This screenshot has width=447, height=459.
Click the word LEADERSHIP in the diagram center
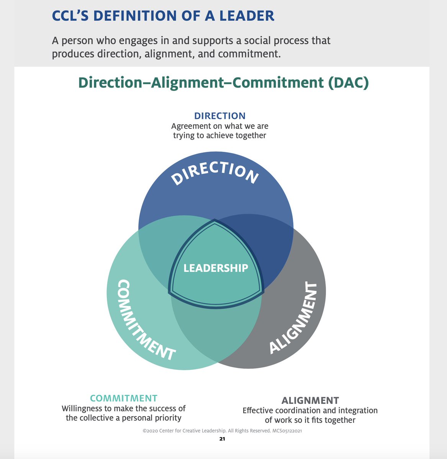click(x=216, y=268)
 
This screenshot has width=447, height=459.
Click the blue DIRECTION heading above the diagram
click(x=219, y=116)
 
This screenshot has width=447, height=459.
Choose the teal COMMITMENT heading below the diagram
click(x=123, y=398)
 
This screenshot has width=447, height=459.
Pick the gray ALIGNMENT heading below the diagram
click(x=310, y=400)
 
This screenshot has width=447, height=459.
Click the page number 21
click(x=222, y=439)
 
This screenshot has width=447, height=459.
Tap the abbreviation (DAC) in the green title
click(x=348, y=83)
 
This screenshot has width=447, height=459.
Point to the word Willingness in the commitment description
click(x=82, y=408)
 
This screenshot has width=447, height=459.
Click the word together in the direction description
click(x=251, y=135)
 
